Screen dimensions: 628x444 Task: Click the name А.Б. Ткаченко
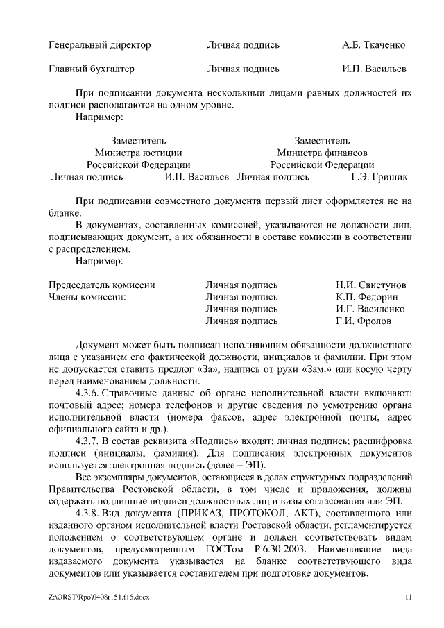click(373, 45)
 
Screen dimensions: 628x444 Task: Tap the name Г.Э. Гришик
click(379, 177)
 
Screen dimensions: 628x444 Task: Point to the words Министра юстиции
click(139, 153)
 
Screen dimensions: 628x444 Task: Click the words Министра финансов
click(322, 153)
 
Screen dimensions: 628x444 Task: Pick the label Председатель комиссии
click(102, 285)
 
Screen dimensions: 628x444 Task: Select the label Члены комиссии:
click(87, 297)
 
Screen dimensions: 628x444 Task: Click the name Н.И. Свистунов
click(370, 285)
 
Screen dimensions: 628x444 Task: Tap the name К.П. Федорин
click(366, 297)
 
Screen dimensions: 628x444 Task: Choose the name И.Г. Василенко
click(370, 309)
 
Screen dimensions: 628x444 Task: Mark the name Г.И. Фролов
click(363, 321)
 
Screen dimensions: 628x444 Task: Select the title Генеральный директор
click(100, 45)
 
